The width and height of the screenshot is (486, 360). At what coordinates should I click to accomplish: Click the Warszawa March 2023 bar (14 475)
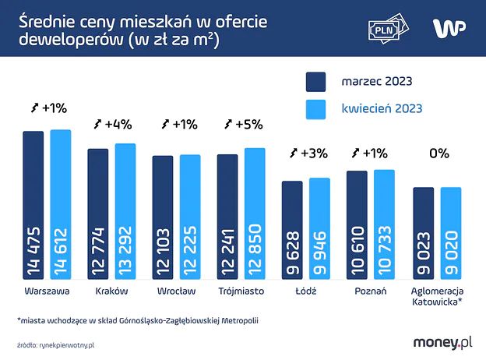[x=33, y=206]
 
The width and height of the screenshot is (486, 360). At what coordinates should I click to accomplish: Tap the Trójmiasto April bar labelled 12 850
[x=255, y=214]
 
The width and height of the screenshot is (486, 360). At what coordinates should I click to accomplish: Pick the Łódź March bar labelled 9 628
[x=291, y=231]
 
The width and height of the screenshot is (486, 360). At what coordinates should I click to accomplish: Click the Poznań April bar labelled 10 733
[x=384, y=225]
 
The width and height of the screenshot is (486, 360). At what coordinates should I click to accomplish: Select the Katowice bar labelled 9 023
[x=423, y=234]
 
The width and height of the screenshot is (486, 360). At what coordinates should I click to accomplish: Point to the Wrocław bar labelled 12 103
[x=162, y=218]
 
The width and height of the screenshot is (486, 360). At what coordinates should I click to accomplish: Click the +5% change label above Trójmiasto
[x=243, y=124]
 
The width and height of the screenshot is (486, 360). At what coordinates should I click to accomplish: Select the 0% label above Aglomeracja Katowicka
[x=438, y=154]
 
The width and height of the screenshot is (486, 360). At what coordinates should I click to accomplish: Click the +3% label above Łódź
[x=308, y=153]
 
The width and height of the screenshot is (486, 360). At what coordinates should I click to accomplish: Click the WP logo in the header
[x=450, y=27]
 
